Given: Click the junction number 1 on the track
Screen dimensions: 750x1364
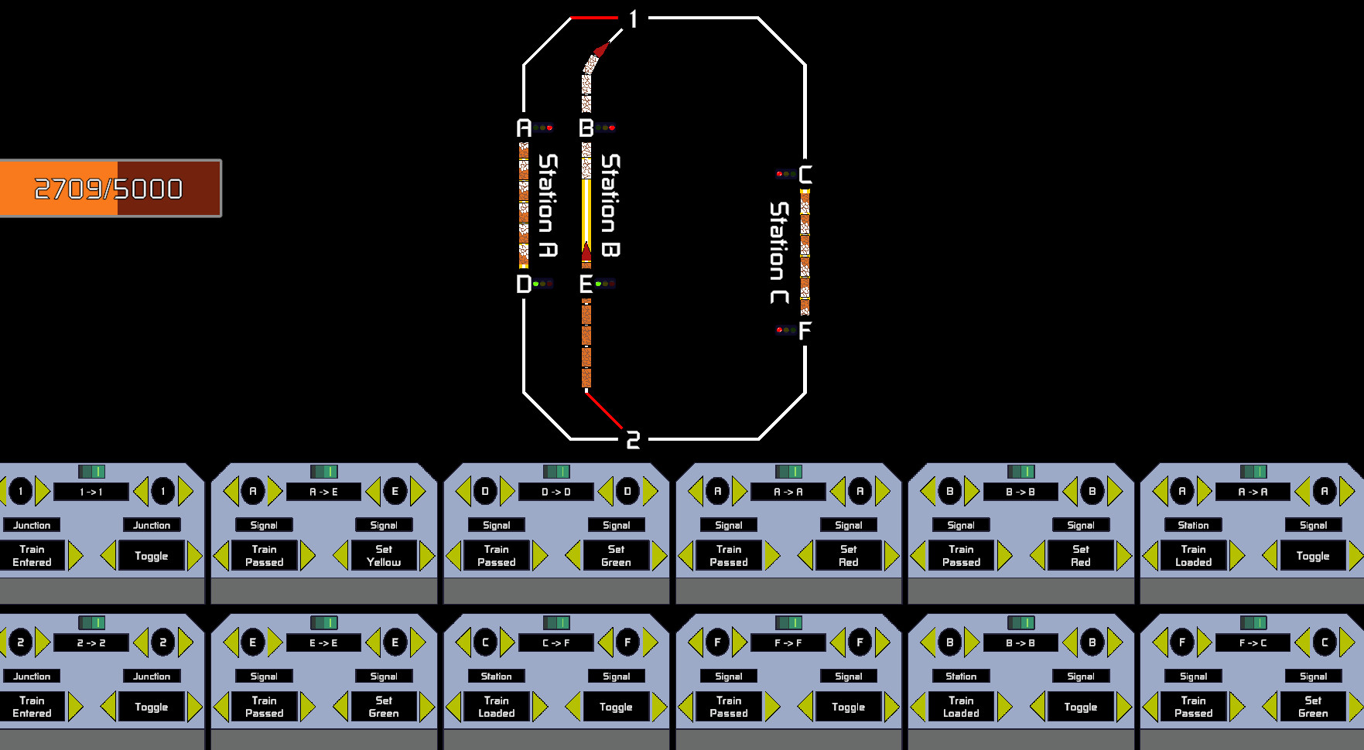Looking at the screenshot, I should click(x=634, y=19).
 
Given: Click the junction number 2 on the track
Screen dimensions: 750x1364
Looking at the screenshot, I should click(x=633, y=441).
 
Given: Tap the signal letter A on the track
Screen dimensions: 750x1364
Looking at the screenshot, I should click(x=525, y=128).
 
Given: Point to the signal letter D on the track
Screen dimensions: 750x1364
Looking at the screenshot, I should click(x=524, y=284).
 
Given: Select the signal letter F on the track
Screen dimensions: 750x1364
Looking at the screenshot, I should click(x=805, y=331).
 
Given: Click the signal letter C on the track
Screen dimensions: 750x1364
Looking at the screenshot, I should click(x=805, y=175).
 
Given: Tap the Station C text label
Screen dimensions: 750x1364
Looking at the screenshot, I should click(x=779, y=253).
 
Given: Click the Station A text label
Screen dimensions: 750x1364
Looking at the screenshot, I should click(x=548, y=205).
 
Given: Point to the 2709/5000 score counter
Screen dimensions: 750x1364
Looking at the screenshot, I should click(x=109, y=189).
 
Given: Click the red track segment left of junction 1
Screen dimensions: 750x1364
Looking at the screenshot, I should click(x=594, y=17).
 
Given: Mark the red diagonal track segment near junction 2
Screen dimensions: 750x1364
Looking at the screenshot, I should click(x=604, y=410).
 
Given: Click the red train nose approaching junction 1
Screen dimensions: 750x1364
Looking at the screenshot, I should click(x=600, y=50).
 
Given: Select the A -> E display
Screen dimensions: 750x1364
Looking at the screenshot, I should click(x=323, y=492).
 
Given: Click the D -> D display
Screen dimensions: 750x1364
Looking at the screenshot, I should click(x=556, y=492).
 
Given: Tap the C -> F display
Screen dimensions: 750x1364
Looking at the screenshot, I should click(x=556, y=643).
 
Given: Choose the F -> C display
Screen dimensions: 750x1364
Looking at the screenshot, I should click(x=1253, y=643).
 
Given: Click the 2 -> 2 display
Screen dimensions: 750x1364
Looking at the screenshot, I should click(x=91, y=643).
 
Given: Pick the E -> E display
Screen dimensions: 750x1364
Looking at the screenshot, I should click(x=323, y=643).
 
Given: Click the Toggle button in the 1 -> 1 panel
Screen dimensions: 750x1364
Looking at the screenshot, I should click(x=152, y=556).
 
